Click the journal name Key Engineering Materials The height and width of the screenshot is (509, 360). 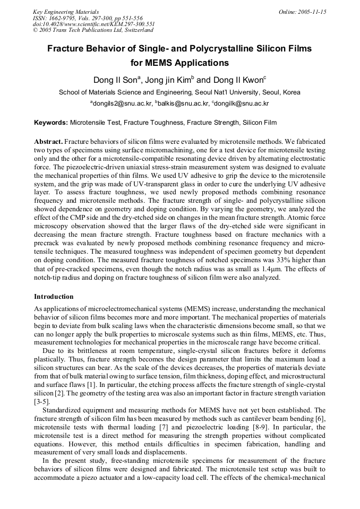click(66, 12)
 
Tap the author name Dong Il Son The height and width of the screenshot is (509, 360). click(115, 81)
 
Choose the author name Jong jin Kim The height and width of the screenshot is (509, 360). click(169, 81)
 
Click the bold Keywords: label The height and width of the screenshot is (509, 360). click(51, 123)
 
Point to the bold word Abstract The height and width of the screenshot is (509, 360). click(48, 142)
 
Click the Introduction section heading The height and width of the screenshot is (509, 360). click(54, 296)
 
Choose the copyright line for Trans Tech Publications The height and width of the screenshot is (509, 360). click(93, 30)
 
